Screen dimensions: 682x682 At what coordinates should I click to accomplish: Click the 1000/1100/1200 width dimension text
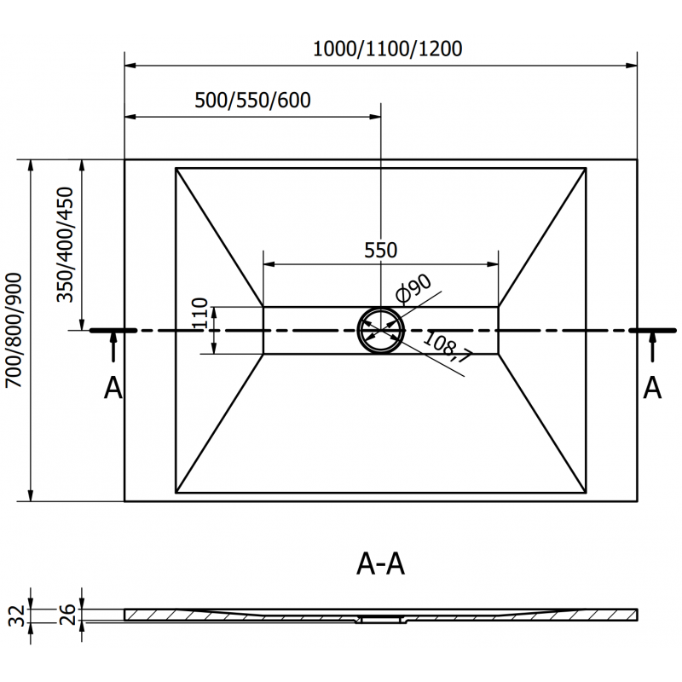387,49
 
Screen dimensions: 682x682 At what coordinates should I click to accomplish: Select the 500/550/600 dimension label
252,101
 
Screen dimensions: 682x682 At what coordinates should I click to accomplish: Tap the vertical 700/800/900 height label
14,331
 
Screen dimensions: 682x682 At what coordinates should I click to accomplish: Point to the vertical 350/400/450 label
67,246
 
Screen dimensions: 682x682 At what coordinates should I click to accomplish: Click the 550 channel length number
380,251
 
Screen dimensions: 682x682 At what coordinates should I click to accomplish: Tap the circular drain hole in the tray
380,330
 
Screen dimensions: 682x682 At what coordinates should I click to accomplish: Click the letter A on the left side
113,389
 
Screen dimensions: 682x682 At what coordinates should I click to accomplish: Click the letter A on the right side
652,389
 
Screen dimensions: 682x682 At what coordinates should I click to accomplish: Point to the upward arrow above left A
113,350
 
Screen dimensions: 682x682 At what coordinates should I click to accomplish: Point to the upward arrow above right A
652,350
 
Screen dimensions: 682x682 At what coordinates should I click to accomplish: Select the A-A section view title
379,564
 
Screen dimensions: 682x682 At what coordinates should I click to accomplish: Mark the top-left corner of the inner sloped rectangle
176,168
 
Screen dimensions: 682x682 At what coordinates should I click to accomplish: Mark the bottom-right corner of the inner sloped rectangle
586,493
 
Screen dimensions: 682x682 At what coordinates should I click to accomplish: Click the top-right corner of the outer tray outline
638,159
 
